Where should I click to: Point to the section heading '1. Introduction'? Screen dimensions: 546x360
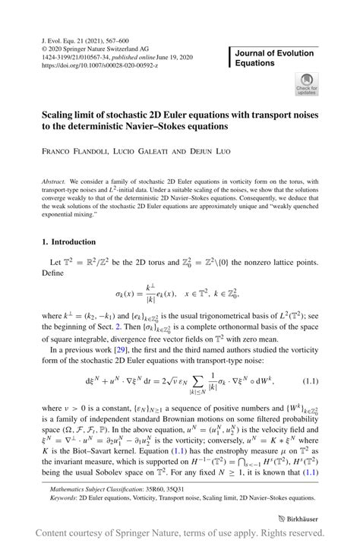pyautogui.click(x=68, y=242)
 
